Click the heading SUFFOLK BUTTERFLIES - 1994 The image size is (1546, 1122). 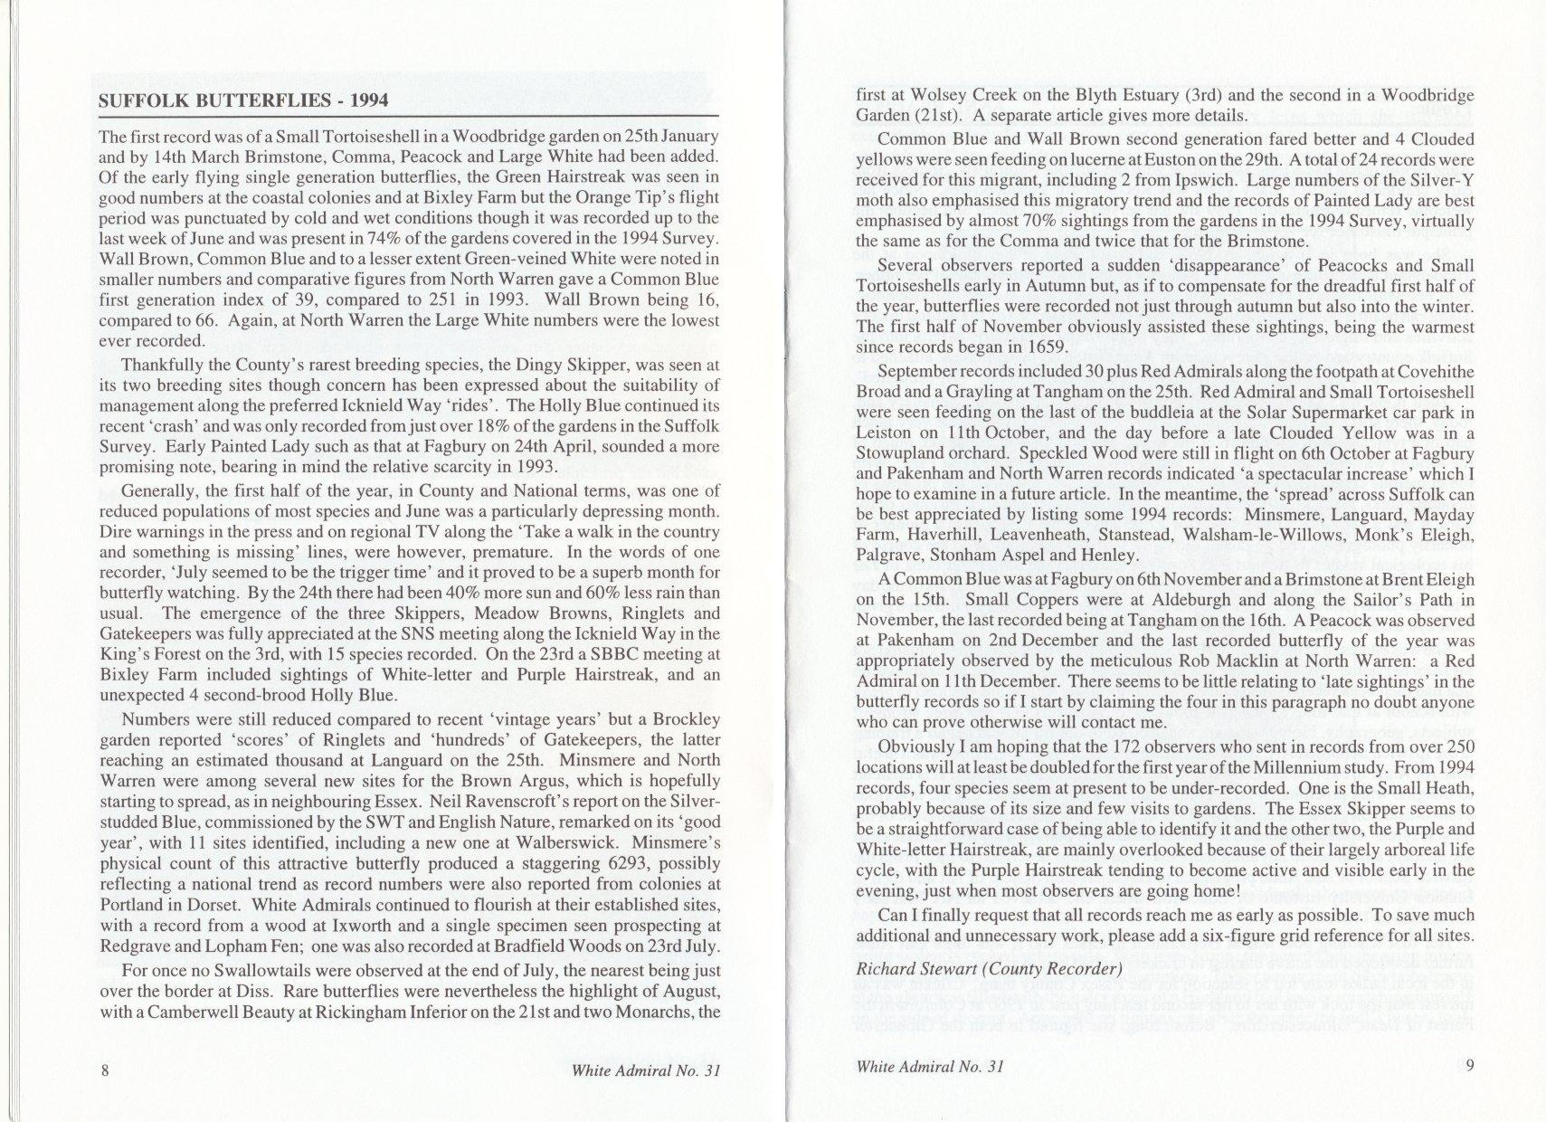click(243, 100)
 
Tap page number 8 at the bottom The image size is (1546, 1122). click(105, 1070)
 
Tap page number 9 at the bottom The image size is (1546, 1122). click(1470, 1065)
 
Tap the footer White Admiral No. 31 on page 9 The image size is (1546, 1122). click(929, 1066)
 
